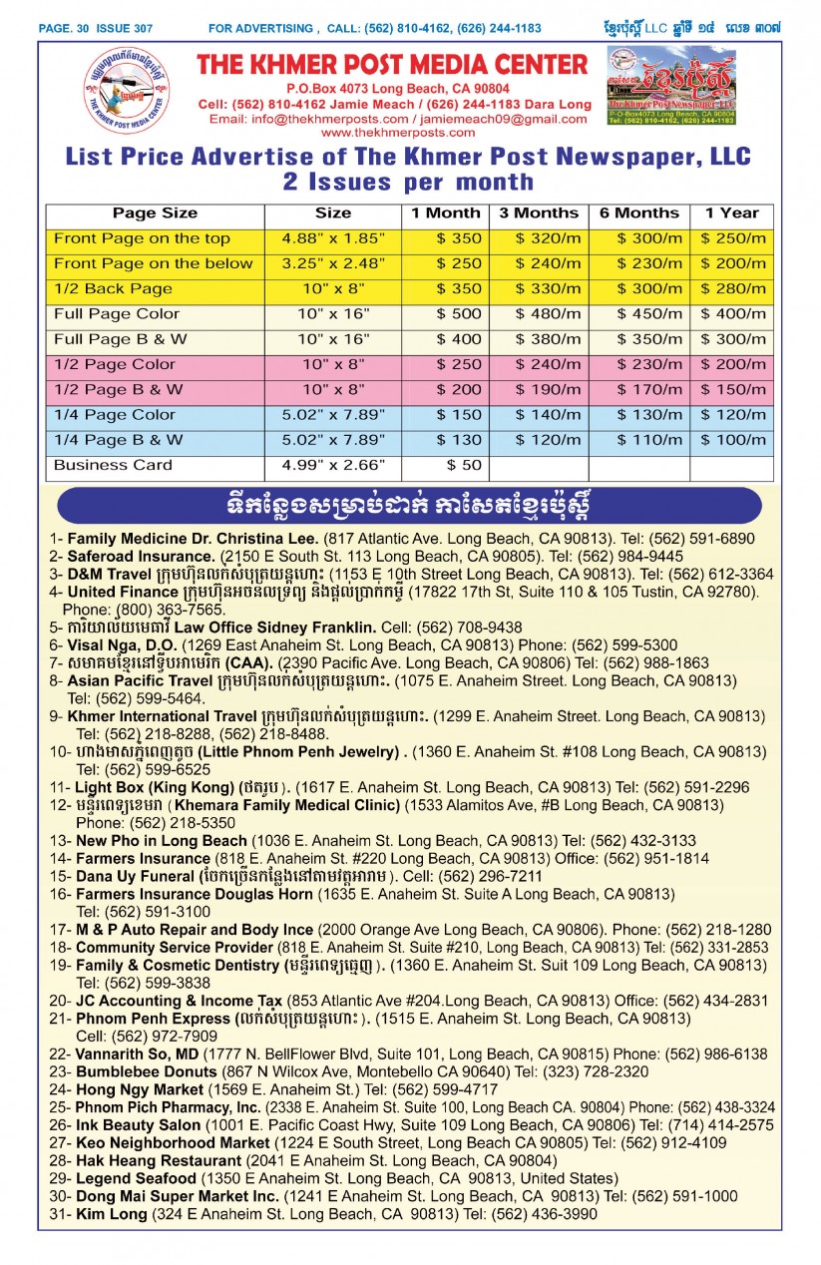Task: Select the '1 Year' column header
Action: [731, 213]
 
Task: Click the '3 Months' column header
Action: [539, 213]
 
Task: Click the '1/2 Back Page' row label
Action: [113, 289]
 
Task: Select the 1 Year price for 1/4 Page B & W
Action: [733, 440]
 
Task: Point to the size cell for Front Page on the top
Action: [333, 239]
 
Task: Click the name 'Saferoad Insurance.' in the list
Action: [141, 557]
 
